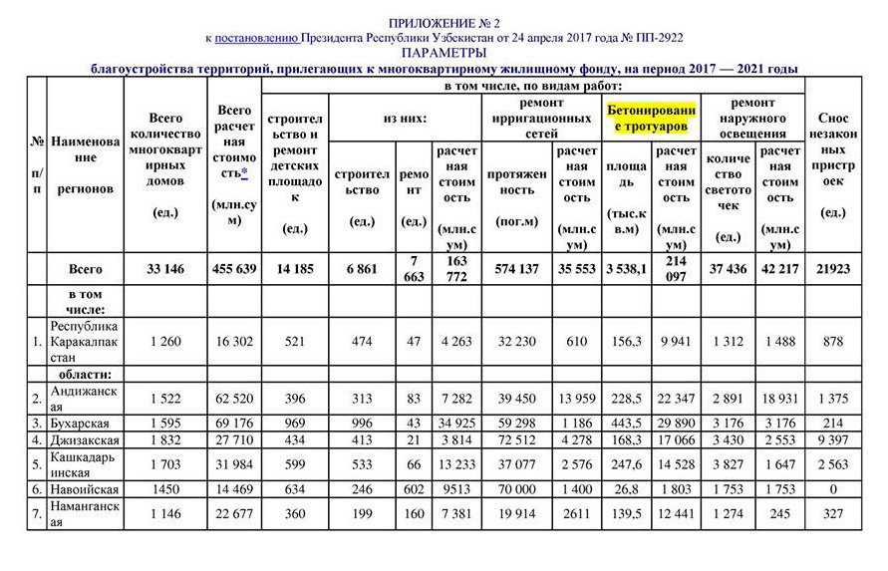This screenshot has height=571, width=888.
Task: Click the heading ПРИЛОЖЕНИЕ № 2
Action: click(444, 21)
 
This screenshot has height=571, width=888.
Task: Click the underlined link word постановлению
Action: click(257, 37)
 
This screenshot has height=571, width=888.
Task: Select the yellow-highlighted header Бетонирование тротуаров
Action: click(651, 119)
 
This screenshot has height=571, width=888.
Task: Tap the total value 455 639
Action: click(234, 269)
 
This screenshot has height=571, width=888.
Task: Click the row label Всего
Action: click(85, 269)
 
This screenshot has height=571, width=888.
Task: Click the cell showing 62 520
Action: click(234, 399)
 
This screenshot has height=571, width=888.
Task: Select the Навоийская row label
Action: click(85, 489)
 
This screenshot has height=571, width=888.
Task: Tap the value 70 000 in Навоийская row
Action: click(514, 489)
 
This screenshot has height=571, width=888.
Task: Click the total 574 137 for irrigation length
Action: click(514, 269)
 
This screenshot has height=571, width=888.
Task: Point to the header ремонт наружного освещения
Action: click(753, 119)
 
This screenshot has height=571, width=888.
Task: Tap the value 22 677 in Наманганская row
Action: click(234, 514)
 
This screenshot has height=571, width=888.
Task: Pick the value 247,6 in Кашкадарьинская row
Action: click(626, 464)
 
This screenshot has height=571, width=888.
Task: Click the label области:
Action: click(85, 375)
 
